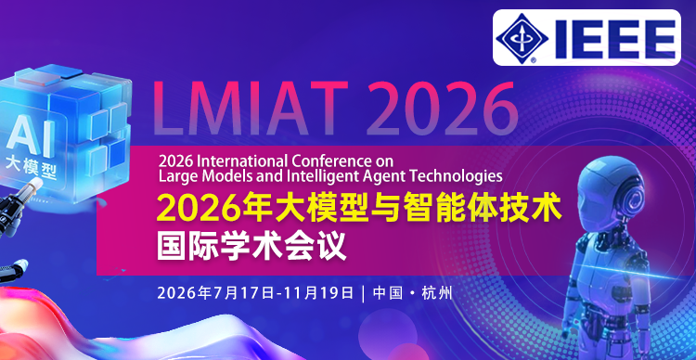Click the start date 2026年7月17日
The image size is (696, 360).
(215, 293)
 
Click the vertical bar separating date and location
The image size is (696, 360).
(362, 293)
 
